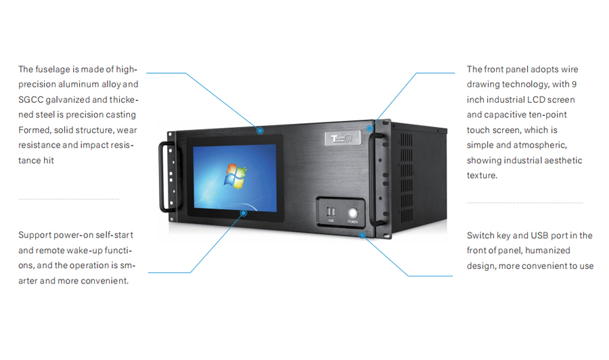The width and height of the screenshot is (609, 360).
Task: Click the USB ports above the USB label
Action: point(332,210)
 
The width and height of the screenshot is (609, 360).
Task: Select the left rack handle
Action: point(164,176)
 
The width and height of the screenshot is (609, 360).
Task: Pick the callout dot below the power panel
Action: point(363,235)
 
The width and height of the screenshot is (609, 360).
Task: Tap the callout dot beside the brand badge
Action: point(369,128)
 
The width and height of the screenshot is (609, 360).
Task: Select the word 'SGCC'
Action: point(31,100)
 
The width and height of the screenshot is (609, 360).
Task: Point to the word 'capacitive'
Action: point(503,115)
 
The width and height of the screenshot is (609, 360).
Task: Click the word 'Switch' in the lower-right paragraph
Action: point(480,235)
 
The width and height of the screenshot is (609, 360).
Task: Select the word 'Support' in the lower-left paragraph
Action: point(35,235)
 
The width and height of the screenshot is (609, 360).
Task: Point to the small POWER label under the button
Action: point(353,221)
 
